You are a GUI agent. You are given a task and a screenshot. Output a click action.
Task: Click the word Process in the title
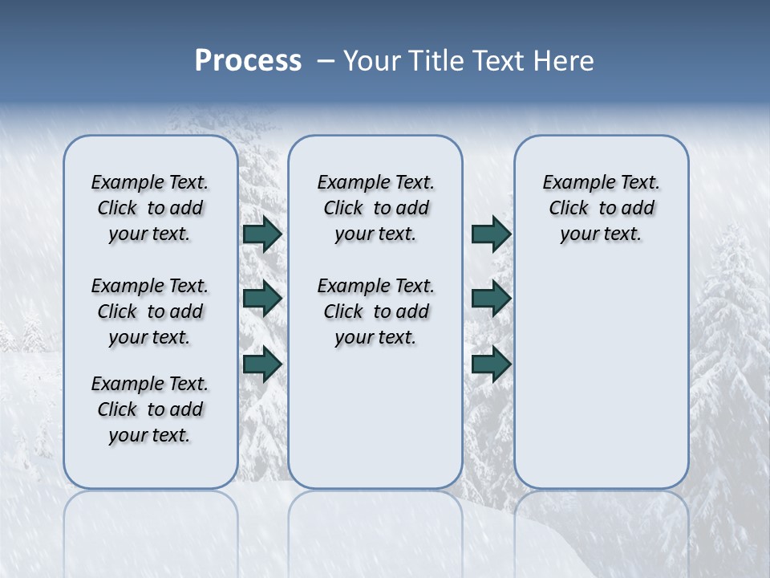click(x=248, y=61)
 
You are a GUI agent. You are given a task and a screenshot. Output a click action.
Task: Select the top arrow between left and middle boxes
click(x=262, y=234)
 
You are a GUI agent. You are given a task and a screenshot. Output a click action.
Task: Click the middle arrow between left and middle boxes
click(x=262, y=299)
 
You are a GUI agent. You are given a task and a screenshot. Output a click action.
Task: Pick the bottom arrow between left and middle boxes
click(x=262, y=364)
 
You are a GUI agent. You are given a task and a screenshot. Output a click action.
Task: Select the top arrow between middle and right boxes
click(x=491, y=234)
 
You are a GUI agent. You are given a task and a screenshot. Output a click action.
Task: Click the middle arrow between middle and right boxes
click(x=491, y=299)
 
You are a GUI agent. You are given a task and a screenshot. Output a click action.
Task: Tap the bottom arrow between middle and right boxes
click(x=491, y=364)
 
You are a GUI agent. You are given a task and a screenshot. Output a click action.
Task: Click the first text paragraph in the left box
click(x=150, y=208)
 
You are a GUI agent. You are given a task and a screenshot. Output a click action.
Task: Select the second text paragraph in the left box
click(x=150, y=311)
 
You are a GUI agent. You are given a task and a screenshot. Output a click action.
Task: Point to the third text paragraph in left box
click(x=150, y=409)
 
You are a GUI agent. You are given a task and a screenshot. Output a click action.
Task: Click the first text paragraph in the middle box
click(x=375, y=208)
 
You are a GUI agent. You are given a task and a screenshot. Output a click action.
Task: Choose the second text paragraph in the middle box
click(x=375, y=311)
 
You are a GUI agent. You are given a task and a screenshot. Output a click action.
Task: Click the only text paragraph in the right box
click(x=601, y=208)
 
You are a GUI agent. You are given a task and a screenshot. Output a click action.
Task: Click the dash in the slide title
click(x=326, y=62)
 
